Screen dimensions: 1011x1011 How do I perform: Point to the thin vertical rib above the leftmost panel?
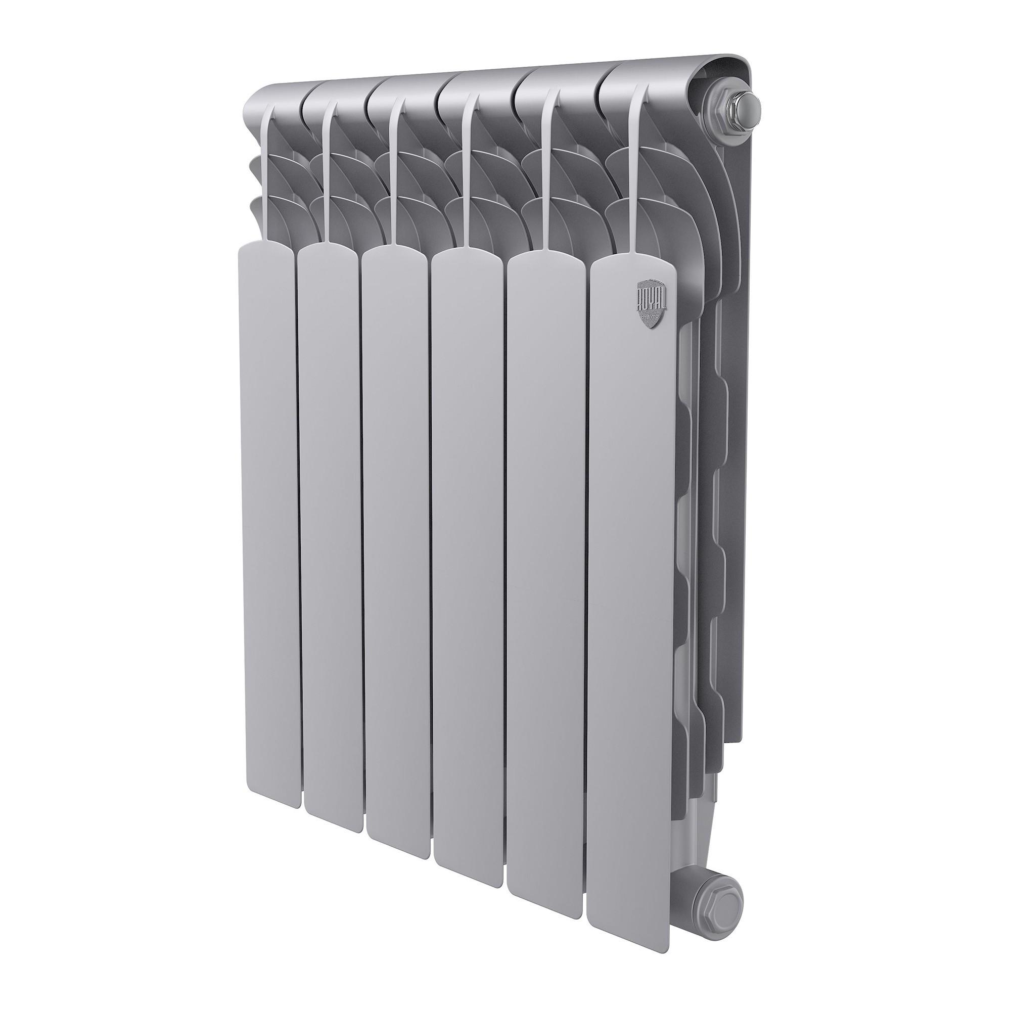click(x=268, y=173)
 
